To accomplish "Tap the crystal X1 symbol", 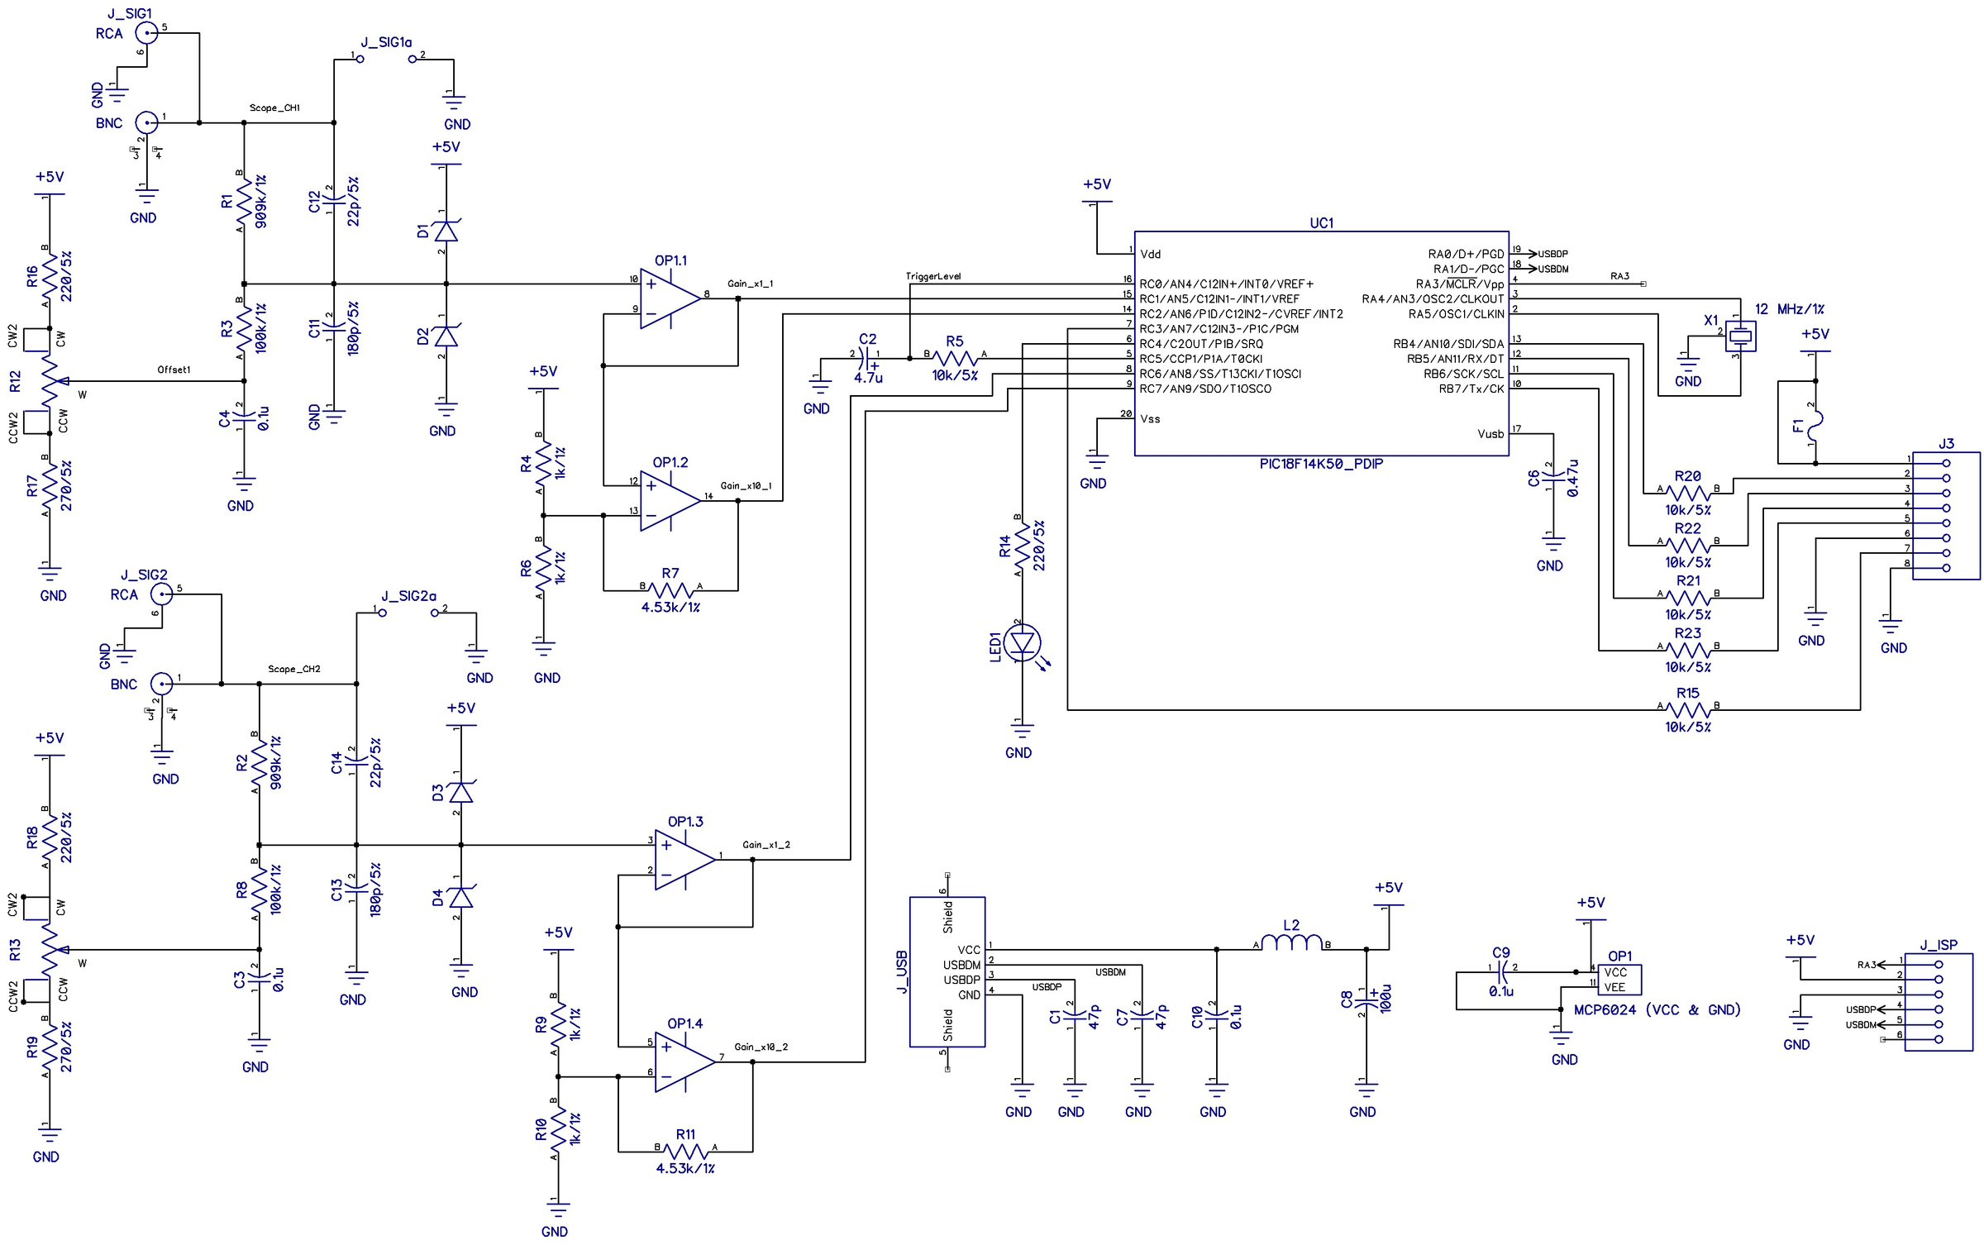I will pos(1740,335).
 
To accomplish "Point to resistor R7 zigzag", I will pos(670,589).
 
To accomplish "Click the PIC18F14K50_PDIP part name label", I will pos(1320,465).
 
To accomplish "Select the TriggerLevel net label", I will pos(932,276).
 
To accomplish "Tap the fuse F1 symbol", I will pos(1815,424).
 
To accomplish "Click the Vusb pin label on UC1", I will pos(1490,434).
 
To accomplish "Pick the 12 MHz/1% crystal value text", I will pos(1789,309).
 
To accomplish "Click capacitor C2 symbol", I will pos(866,357).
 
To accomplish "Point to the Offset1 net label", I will pos(174,370).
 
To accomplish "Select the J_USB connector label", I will pos(902,971).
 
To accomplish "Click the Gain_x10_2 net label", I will pos(761,1047).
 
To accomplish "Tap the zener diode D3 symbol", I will pos(460,793).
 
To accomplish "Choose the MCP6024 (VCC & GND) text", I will pos(1657,1009).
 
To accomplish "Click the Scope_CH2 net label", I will pos(293,669).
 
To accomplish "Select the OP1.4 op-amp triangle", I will pos(683,1061).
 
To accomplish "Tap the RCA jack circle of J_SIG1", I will pos(146,33).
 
